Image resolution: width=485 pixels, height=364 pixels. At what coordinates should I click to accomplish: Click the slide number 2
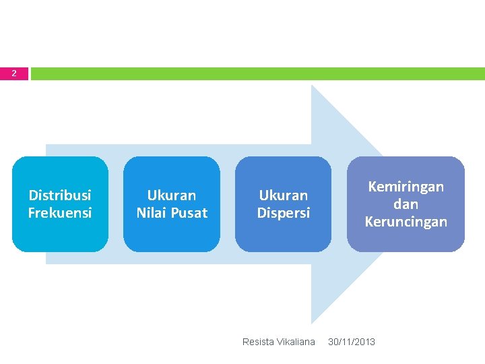14,73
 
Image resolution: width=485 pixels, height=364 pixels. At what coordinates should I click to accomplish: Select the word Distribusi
60,195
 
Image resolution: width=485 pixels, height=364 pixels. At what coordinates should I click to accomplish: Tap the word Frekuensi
60,213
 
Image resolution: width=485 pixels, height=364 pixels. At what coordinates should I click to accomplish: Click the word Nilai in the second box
151,213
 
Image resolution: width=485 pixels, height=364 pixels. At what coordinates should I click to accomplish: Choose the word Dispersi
284,213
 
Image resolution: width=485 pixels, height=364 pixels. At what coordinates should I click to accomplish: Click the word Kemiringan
406,187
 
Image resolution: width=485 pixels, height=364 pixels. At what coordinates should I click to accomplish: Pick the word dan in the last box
406,204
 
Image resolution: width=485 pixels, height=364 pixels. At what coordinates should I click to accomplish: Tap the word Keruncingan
406,222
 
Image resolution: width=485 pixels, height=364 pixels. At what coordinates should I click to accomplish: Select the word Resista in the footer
257,342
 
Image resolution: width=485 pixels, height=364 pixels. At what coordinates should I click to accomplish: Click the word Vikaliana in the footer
296,342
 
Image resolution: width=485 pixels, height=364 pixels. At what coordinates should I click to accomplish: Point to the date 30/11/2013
352,342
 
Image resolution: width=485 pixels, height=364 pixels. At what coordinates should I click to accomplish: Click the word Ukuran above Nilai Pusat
172,195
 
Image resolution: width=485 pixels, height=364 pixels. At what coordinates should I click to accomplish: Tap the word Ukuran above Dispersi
284,195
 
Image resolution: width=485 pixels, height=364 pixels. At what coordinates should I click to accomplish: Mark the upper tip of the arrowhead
313,86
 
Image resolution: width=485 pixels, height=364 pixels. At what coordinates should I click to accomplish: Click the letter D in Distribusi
32,195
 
